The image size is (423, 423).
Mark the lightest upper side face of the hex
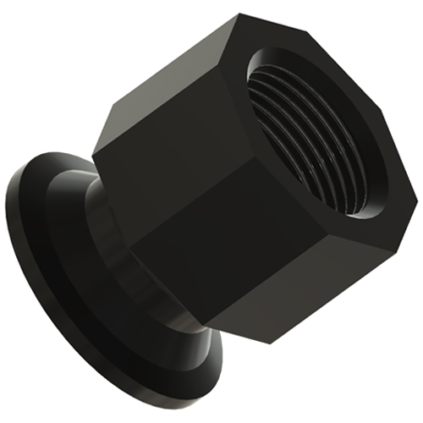tap(169, 93)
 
